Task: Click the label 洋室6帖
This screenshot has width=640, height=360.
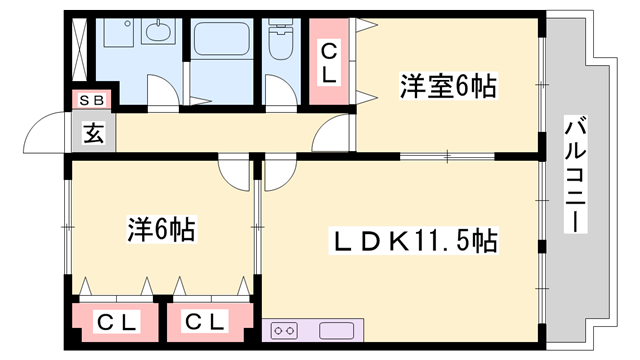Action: (x=449, y=87)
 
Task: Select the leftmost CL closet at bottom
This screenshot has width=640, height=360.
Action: (x=117, y=322)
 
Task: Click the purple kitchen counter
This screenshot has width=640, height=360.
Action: (x=337, y=330)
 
